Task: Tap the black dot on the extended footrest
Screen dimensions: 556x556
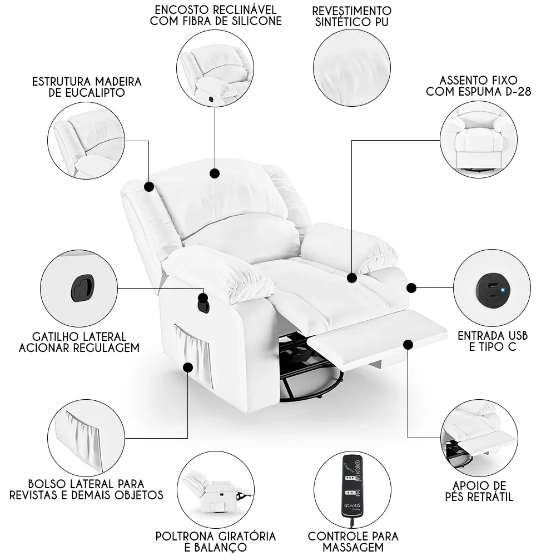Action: pyautogui.click(x=409, y=345)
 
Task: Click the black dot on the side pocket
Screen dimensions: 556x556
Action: pyautogui.click(x=188, y=367)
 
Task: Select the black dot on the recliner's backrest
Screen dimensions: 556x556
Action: pyautogui.click(x=215, y=174)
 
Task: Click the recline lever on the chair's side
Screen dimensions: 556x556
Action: pyautogui.click(x=203, y=303)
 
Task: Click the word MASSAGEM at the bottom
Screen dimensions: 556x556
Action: pyautogui.click(x=353, y=548)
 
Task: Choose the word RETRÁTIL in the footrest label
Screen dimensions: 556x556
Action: pyautogui.click(x=489, y=497)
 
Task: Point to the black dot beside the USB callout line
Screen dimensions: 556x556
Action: pyautogui.click(x=411, y=287)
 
